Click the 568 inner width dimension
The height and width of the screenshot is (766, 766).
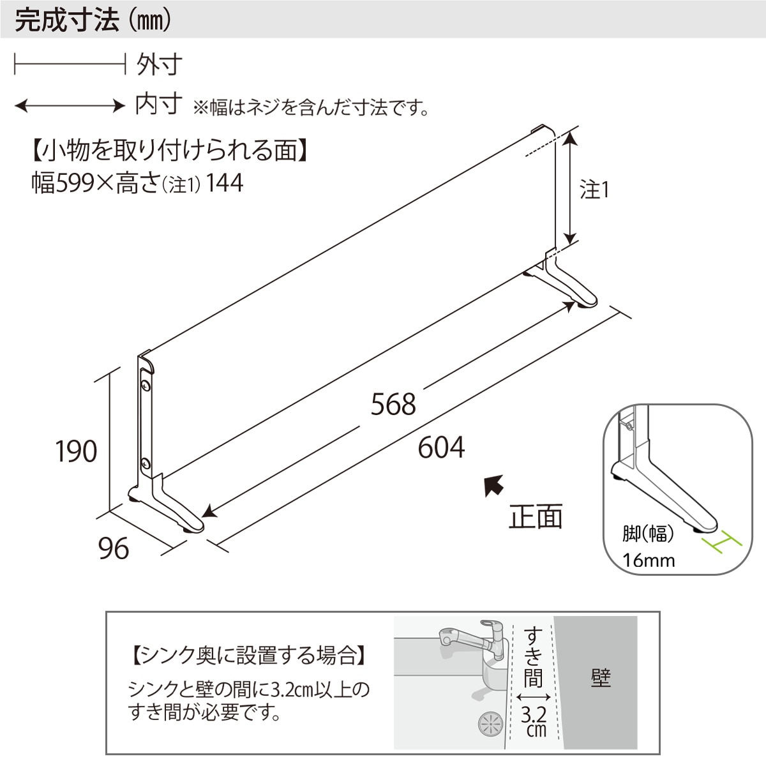coord(393,404)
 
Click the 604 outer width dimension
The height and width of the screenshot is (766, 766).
coord(441,447)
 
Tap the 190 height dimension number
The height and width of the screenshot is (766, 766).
coord(76,451)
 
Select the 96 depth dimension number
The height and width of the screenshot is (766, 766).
coord(114,548)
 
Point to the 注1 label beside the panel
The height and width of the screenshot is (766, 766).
coord(594,190)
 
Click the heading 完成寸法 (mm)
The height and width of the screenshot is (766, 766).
coord(93,20)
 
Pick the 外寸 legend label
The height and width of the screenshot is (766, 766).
coord(159,64)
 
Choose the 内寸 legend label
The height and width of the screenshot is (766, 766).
coord(159,104)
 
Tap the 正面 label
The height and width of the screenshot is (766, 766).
coord(536,516)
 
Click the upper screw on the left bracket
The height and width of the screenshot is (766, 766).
coord(146,386)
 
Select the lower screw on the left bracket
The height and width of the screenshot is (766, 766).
coord(146,462)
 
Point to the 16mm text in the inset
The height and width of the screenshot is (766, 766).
coord(649,560)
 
